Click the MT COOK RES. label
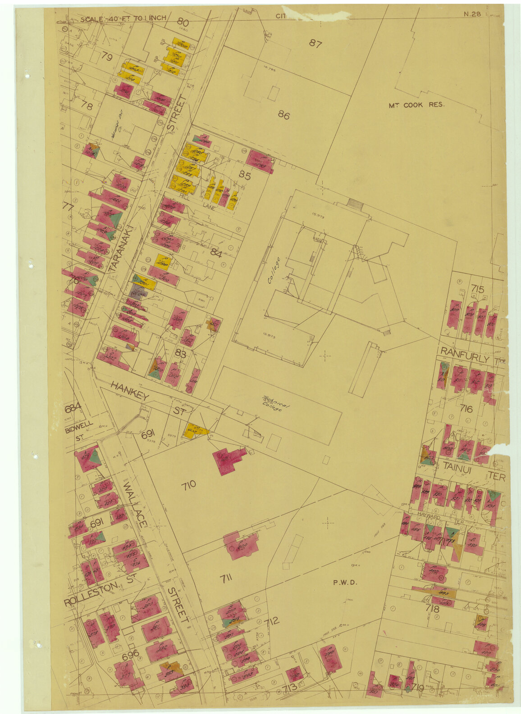[x=416, y=105]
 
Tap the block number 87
[x=315, y=43]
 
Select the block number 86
[x=283, y=115]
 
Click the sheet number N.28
[x=472, y=14]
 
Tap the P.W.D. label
[x=345, y=582]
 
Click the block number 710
[x=189, y=485]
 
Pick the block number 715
[x=477, y=289]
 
